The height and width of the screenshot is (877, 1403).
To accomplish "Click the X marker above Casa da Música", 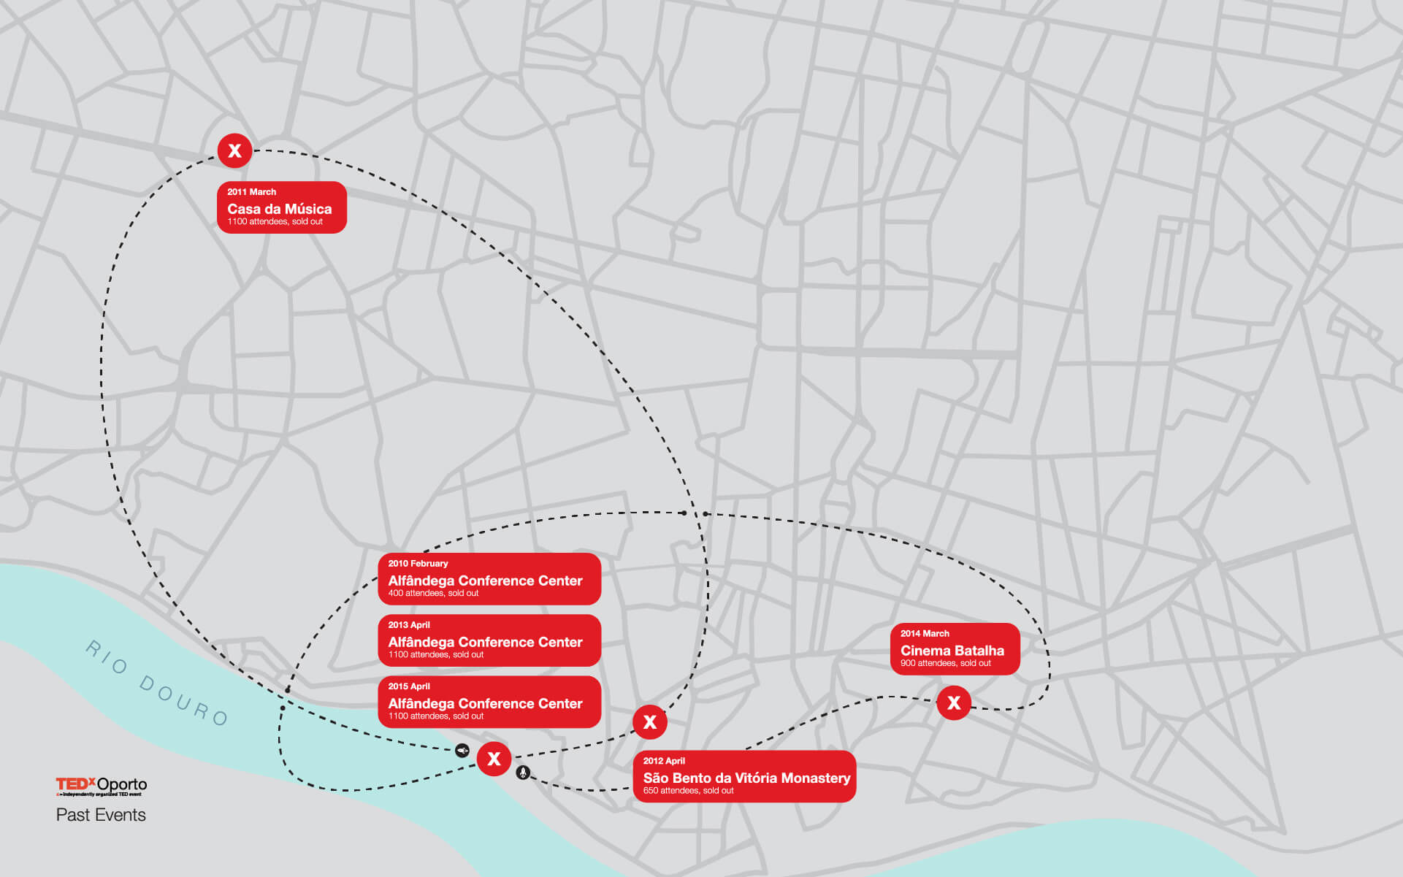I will click(234, 150).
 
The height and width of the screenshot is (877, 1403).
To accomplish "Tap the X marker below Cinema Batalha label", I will click(954, 702).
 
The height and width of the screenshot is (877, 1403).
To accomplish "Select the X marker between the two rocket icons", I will click(494, 758).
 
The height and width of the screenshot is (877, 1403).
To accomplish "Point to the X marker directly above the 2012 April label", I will click(649, 721).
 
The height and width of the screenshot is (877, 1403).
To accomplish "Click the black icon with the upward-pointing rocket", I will click(523, 773).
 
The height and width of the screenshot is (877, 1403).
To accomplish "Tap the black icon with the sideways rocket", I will click(462, 750).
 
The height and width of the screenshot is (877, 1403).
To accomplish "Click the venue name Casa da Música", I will click(279, 209).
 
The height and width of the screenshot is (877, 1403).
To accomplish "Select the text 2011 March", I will click(251, 192).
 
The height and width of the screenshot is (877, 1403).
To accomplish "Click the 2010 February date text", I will click(418, 563).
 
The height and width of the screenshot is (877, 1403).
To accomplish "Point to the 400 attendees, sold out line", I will click(433, 593).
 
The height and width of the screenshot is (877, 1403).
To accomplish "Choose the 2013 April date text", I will click(409, 624).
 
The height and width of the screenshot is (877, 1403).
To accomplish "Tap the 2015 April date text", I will click(409, 686).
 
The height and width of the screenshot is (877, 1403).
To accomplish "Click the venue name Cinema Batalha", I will click(952, 650).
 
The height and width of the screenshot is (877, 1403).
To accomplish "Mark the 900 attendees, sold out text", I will click(945, 663).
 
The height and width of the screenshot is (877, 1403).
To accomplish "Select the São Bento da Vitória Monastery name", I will click(746, 778).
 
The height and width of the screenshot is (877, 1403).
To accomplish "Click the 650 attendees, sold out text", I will click(688, 790).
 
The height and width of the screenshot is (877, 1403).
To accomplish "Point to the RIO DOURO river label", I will click(157, 683).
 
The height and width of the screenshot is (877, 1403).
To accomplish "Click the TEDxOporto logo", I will click(102, 786).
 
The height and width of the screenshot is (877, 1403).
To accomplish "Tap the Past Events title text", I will click(101, 815).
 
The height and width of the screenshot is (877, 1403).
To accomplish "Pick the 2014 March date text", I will click(925, 633).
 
